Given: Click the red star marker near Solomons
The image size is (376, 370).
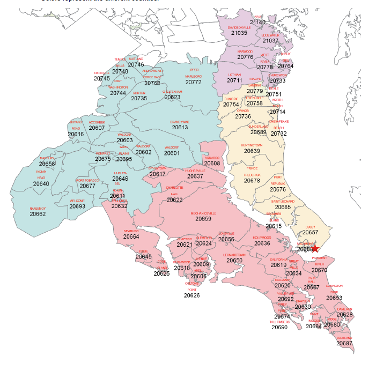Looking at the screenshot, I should [x=315, y=248].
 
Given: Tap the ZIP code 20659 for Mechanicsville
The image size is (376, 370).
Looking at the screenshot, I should [x=203, y=219].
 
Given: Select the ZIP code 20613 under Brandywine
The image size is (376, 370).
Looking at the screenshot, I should [x=180, y=128].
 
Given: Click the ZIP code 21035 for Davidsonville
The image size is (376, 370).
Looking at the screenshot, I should [x=239, y=33].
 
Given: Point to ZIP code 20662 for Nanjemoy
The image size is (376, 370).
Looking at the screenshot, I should [x=38, y=213].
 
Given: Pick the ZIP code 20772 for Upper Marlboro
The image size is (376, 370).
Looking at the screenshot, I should [x=193, y=82].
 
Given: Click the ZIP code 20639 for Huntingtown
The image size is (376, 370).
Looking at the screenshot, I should [x=252, y=151].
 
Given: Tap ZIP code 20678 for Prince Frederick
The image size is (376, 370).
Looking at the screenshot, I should [x=252, y=181].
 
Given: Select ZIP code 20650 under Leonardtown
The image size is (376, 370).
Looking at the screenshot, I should [x=234, y=261].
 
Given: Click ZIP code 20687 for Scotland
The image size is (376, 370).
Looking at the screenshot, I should [x=344, y=343].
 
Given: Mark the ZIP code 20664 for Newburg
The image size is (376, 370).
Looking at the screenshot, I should [x=131, y=236].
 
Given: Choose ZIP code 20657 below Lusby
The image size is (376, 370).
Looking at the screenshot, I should [x=310, y=233].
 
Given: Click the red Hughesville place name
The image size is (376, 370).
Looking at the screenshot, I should [x=195, y=170].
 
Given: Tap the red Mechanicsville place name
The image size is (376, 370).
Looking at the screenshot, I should [x=203, y=213].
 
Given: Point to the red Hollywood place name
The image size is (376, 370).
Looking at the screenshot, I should [x=262, y=238].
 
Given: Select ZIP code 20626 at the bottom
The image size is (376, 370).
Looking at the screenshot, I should [x=191, y=295].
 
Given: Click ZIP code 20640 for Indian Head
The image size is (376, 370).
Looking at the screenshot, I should [x=41, y=184].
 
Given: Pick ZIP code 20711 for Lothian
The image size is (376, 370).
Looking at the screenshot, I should [x=234, y=80].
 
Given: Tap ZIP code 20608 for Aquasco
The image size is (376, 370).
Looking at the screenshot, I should [x=212, y=163].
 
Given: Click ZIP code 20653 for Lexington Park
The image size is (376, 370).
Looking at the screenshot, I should [x=334, y=298].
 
